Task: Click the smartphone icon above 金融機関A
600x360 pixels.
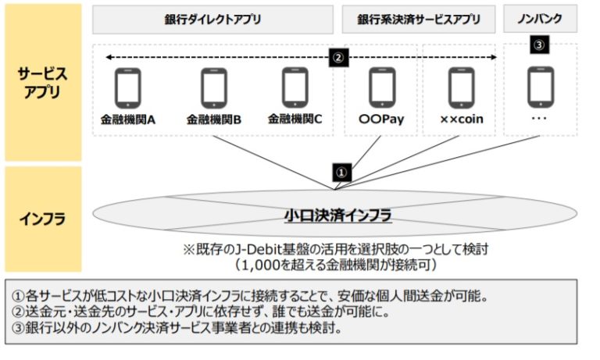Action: tap(128, 87)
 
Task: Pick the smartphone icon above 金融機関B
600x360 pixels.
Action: tap(213, 87)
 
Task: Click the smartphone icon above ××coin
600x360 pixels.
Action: tap(459, 87)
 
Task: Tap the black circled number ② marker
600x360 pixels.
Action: tap(338, 57)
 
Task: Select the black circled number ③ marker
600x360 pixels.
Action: tap(539, 46)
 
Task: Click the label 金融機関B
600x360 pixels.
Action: tap(213, 120)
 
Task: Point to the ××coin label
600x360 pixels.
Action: tap(460, 122)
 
